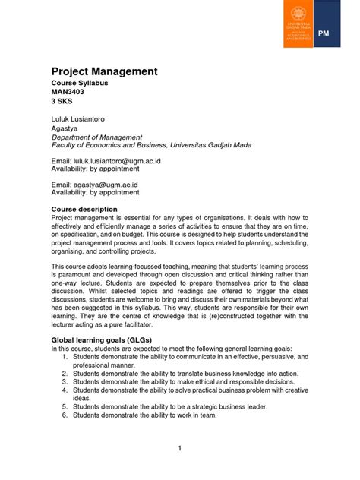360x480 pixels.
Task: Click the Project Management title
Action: click(104, 71)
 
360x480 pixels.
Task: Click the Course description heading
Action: click(84, 209)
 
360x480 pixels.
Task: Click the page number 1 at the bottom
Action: click(179, 448)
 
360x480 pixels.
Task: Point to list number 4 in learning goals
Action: click(65, 390)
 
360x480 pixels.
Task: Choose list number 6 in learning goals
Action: click(65, 415)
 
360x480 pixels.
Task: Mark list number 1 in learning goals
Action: click(65, 356)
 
